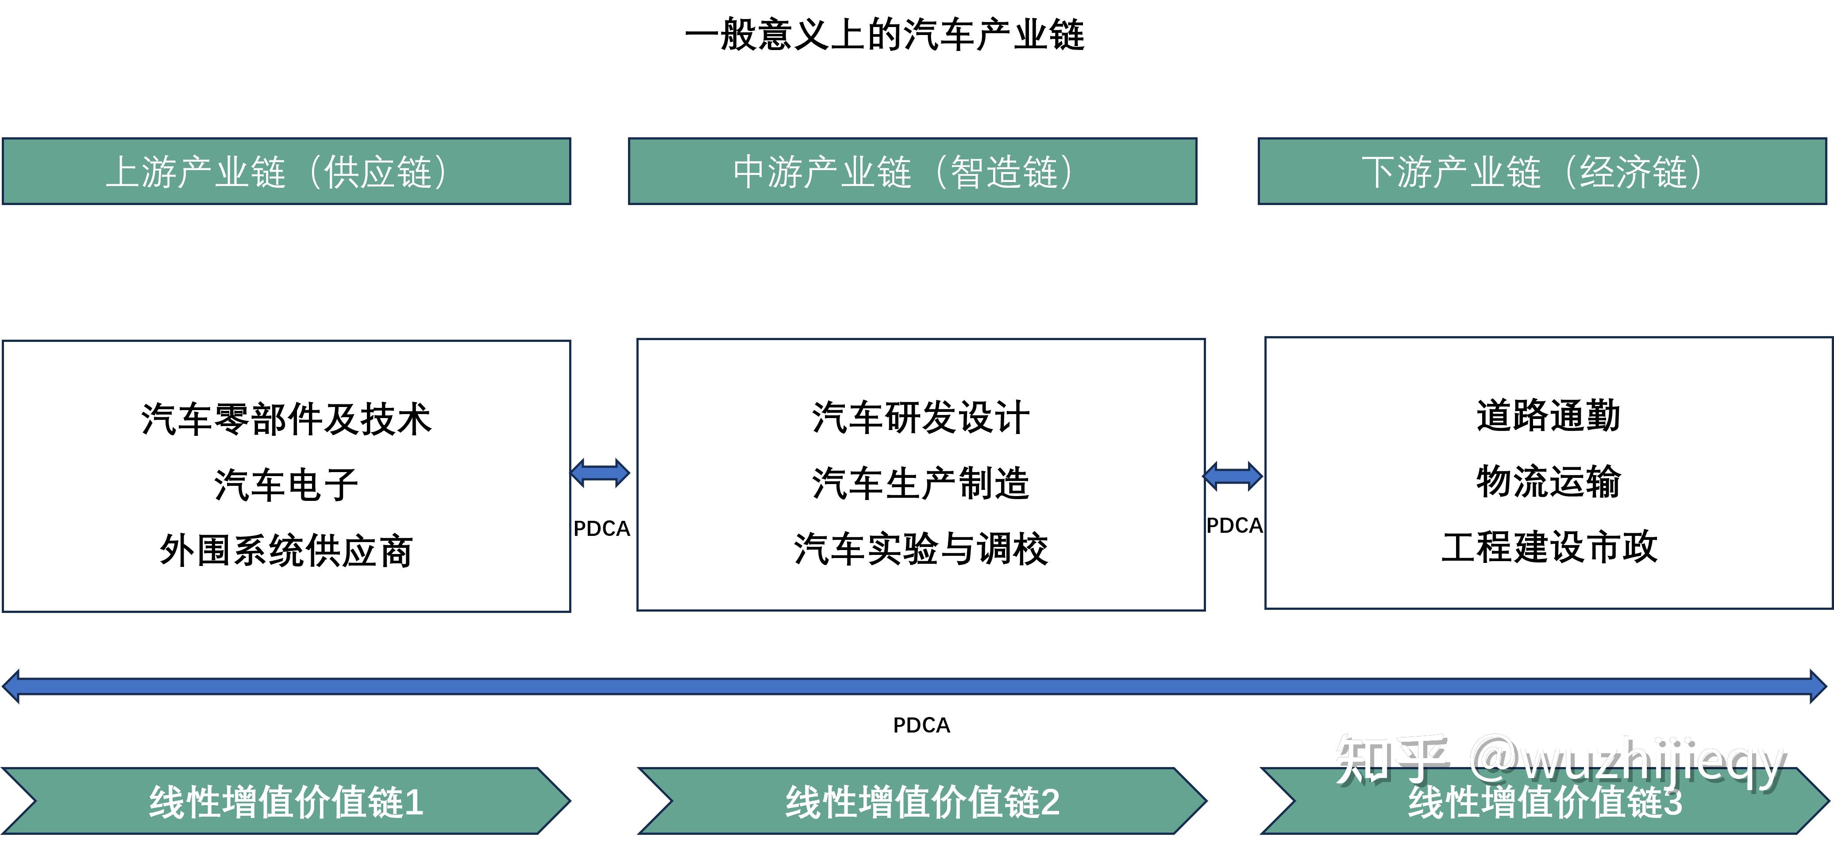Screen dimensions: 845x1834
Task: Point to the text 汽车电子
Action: point(286,485)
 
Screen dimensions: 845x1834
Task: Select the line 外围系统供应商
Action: point(286,551)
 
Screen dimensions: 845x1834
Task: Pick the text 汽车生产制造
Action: point(921,483)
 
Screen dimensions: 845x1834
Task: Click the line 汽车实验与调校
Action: point(921,549)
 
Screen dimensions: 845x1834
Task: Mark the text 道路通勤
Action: point(1549,415)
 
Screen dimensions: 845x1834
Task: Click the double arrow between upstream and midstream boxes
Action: point(600,473)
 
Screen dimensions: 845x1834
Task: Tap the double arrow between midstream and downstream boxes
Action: point(1233,476)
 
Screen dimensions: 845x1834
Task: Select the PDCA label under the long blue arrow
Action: point(921,725)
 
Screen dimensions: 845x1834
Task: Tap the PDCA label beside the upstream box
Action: point(601,529)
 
